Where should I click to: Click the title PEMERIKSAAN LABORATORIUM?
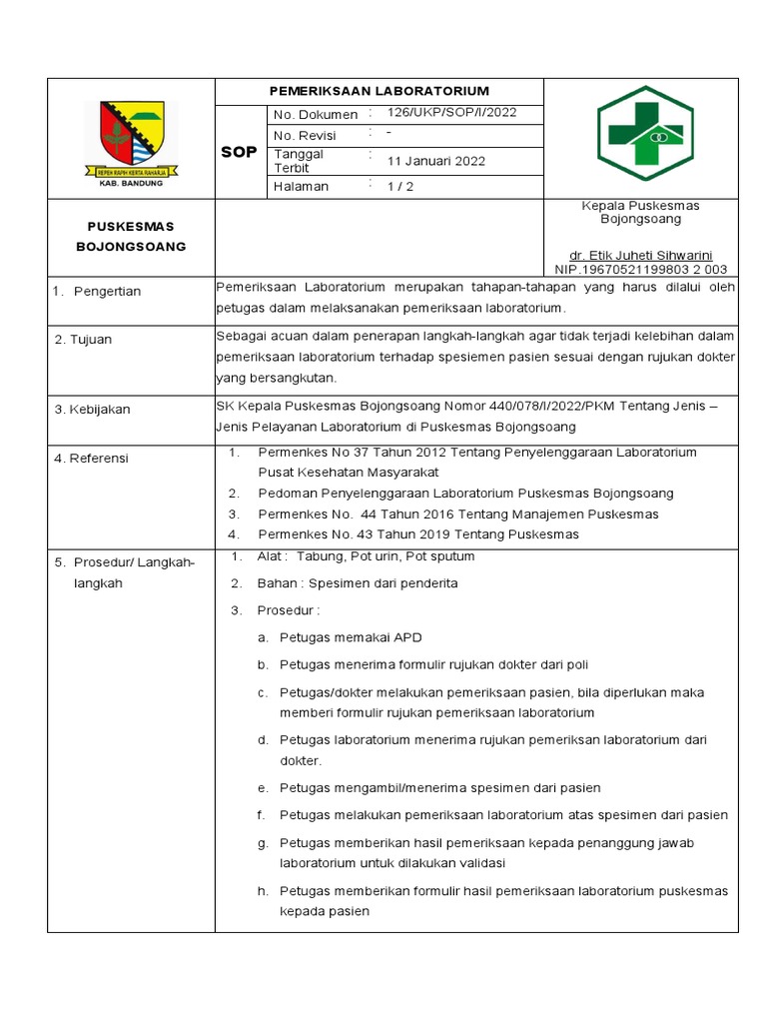379,91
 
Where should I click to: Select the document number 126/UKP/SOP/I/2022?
451,113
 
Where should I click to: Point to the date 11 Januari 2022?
436,161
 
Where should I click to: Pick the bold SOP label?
239,152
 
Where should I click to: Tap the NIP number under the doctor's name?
640,269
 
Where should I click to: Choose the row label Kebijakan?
99,410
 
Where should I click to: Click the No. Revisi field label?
305,136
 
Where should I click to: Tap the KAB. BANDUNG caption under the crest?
131,184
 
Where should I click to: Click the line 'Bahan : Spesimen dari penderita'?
357,583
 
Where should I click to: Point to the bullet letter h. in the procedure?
263,891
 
